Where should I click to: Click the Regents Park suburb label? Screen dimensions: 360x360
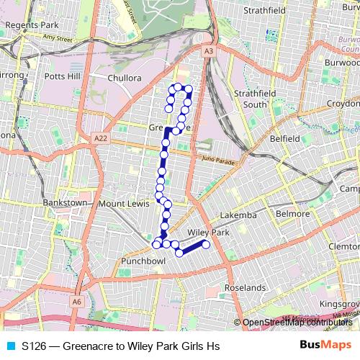(x=26, y=24)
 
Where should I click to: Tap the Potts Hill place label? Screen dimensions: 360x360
(x=64, y=76)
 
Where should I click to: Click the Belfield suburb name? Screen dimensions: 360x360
(x=284, y=138)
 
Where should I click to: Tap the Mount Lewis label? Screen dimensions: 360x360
(x=122, y=204)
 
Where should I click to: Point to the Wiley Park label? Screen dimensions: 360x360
(x=207, y=233)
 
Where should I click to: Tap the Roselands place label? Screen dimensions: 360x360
(x=246, y=287)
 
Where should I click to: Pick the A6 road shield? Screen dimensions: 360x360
(x=76, y=302)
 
